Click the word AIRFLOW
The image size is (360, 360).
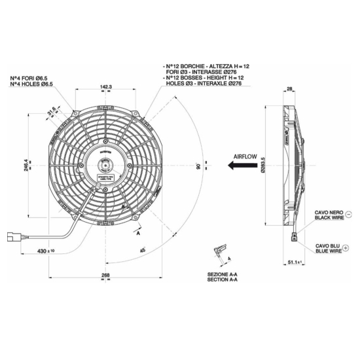(x=245, y=157)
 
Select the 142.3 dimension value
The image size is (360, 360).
(x=106, y=86)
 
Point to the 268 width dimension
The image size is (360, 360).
(x=105, y=275)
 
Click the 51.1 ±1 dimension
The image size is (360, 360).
(x=298, y=264)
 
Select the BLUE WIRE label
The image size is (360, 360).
(x=328, y=250)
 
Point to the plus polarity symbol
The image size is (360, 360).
(x=347, y=247)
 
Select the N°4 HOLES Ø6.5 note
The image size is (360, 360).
(x=31, y=84)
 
